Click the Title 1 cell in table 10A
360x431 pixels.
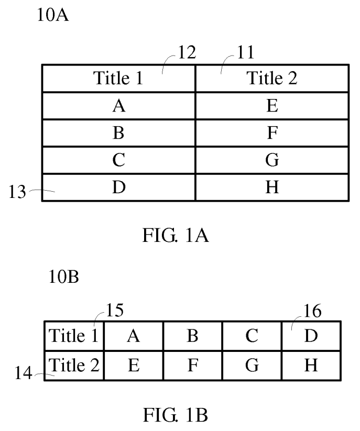(x=118, y=79)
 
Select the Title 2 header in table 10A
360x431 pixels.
(x=272, y=79)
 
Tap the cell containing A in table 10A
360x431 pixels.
(x=118, y=106)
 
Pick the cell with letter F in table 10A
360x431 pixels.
(x=272, y=134)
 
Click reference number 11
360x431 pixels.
(x=243, y=52)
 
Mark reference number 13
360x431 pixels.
(x=17, y=192)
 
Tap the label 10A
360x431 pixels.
(x=52, y=16)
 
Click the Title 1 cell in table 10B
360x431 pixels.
(x=74, y=336)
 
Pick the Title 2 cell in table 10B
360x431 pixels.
(x=74, y=365)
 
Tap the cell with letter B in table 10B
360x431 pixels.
(x=192, y=336)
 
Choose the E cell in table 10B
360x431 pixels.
(x=134, y=365)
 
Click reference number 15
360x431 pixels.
(x=114, y=310)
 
